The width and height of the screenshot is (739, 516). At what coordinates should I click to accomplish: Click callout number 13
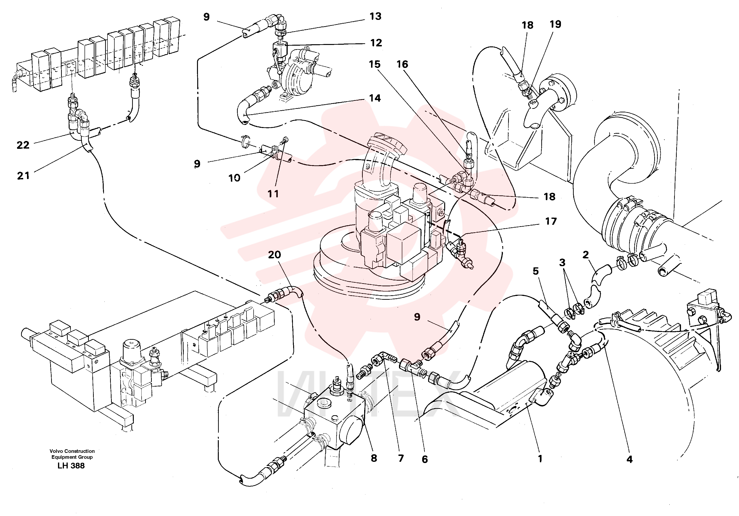pyautogui.click(x=375, y=16)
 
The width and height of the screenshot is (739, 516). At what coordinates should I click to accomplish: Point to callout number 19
pyautogui.click(x=555, y=24)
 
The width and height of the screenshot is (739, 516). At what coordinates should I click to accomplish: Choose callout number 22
pyautogui.click(x=23, y=145)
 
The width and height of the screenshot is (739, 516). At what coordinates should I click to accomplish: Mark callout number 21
pyautogui.click(x=23, y=176)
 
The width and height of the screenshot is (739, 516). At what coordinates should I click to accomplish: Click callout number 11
pyautogui.click(x=273, y=194)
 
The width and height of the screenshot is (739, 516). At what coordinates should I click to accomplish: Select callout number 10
pyautogui.click(x=234, y=178)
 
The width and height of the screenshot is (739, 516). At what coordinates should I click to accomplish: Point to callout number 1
pyautogui.click(x=540, y=459)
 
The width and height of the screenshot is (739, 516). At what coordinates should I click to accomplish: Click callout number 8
pyautogui.click(x=374, y=458)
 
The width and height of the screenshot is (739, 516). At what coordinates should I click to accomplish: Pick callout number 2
pyautogui.click(x=586, y=255)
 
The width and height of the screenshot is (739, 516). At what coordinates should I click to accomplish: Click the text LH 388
pyautogui.click(x=71, y=466)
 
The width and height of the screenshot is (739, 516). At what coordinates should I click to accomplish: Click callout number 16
pyautogui.click(x=402, y=64)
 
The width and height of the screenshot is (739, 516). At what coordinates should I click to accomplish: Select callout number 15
pyautogui.click(x=375, y=64)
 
